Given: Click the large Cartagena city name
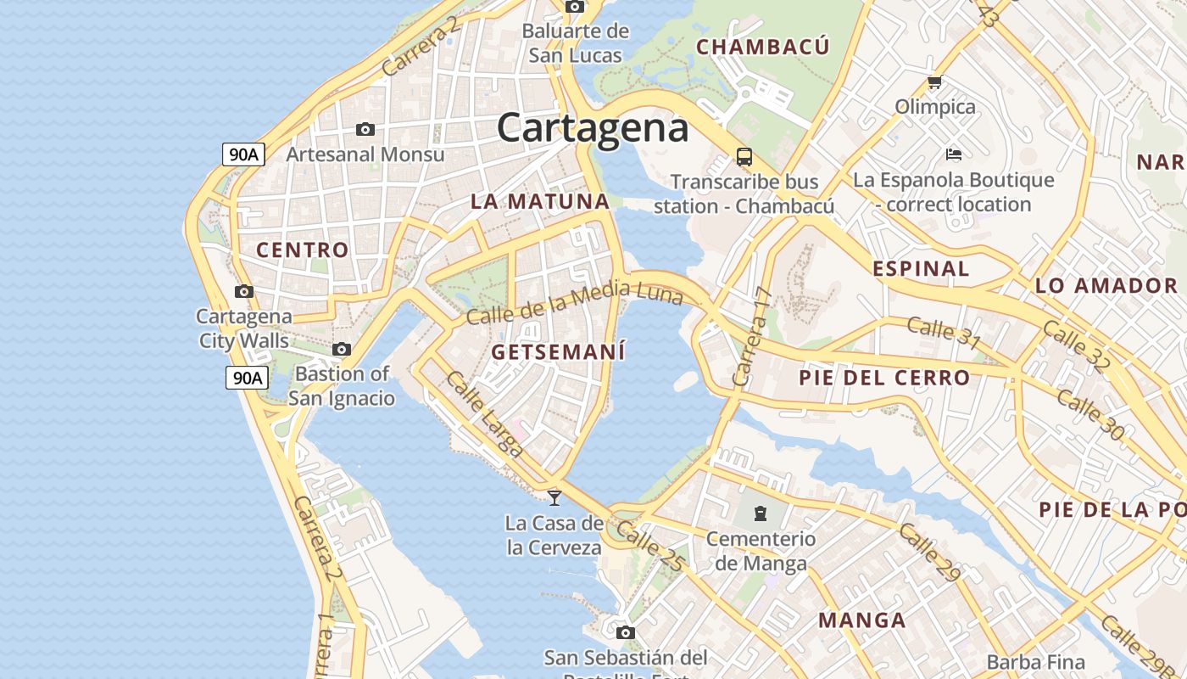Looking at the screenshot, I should click(592, 128).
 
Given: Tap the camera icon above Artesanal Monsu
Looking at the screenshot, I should click(365, 129).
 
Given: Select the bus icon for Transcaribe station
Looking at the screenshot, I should click(744, 157).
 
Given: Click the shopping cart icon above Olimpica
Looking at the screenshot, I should click(934, 82).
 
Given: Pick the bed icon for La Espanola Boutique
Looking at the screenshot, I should click(953, 154).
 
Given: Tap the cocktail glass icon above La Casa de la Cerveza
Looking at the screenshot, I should click(554, 497).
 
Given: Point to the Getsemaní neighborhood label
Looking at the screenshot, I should click(559, 351).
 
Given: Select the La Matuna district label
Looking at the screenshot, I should click(540, 202).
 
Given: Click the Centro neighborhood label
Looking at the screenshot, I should click(303, 250).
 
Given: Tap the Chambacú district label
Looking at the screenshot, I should click(762, 47).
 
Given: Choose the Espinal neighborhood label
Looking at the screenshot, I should click(921, 269).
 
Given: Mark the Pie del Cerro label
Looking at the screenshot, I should click(884, 378).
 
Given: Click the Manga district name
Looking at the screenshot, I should click(862, 620).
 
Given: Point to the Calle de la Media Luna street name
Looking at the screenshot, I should click(574, 303).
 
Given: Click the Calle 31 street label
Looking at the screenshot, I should click(944, 333).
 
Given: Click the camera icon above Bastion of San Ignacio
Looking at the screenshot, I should click(342, 349).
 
